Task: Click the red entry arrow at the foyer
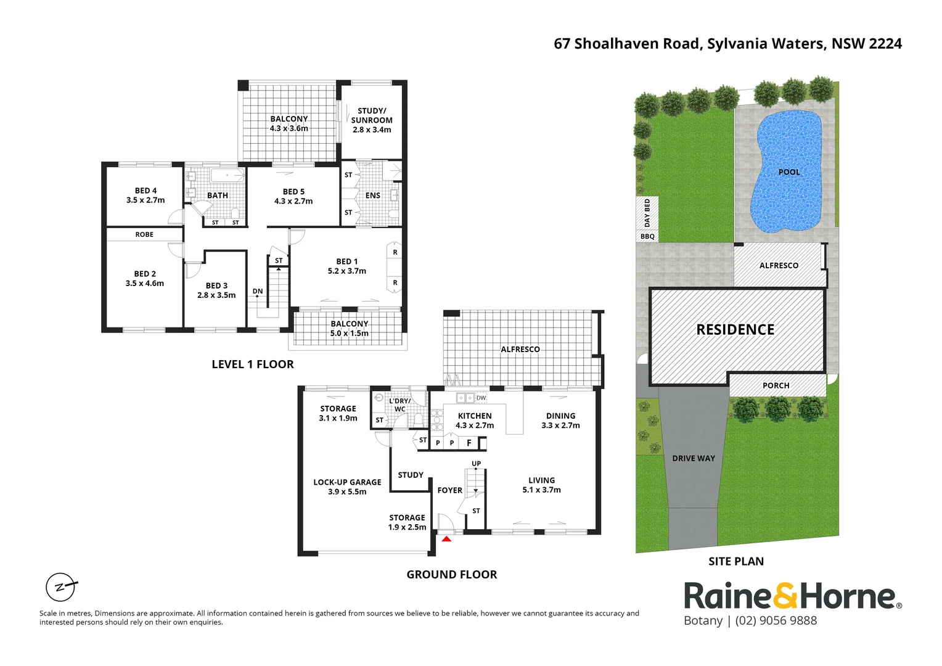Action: coord(446,540)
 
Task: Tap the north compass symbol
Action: coord(61,586)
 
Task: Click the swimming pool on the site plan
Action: coord(787,172)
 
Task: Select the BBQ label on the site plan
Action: coord(647,236)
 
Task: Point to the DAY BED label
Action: coord(647,213)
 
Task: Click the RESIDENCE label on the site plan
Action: coord(735,330)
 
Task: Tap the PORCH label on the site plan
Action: coord(776,385)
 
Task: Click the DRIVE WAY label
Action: coord(694,458)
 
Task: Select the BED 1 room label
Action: coord(346,261)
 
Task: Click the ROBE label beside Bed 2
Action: coord(144,234)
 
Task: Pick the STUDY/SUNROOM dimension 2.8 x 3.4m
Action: coord(372,130)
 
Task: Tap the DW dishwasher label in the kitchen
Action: coord(481,398)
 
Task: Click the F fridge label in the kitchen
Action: coord(469,443)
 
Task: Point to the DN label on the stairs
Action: coord(258,291)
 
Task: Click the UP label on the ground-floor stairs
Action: coord(476,464)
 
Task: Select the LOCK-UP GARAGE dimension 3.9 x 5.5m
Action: coord(347,492)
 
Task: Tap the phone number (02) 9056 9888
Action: coord(776,621)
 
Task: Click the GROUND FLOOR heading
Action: coord(451,575)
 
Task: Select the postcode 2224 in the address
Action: coord(885,44)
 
